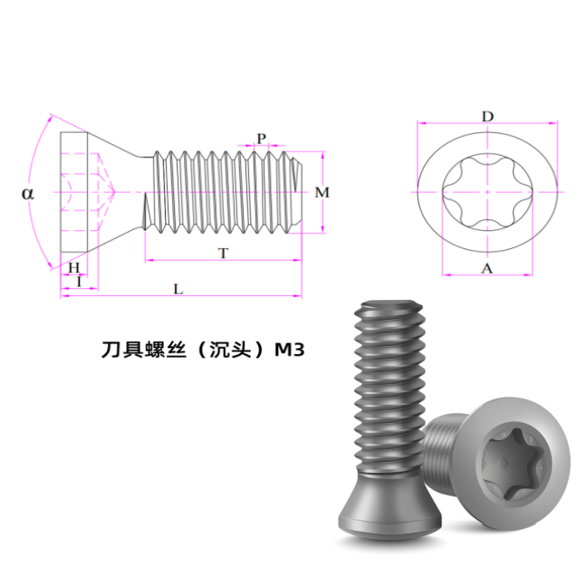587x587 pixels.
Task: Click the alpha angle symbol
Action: pos(28,194)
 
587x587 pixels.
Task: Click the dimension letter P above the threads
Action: pos(261,139)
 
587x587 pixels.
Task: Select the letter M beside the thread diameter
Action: pos(322,192)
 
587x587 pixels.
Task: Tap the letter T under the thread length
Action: pos(223,254)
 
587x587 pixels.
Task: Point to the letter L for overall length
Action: pos(178,289)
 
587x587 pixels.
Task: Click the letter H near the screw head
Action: pos(73,267)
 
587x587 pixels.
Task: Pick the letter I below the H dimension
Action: pos(79,282)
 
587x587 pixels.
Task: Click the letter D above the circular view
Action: pos(487,117)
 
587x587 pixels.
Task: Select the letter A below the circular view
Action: pos(486,268)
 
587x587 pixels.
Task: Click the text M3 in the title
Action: pos(290,350)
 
